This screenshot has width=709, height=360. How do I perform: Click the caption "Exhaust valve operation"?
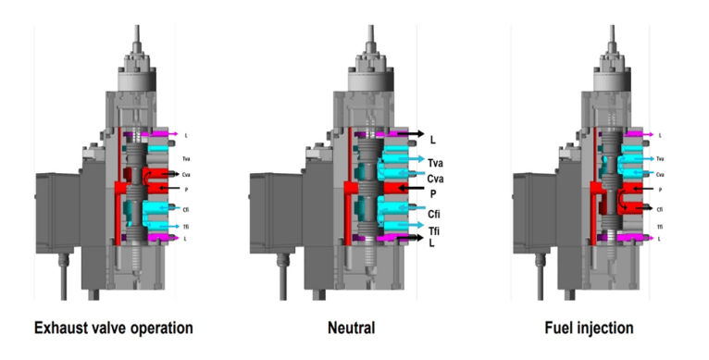(113, 328)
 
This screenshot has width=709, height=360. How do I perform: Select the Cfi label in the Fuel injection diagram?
(659, 208)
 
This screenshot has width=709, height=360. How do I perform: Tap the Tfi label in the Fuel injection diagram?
(659, 226)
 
